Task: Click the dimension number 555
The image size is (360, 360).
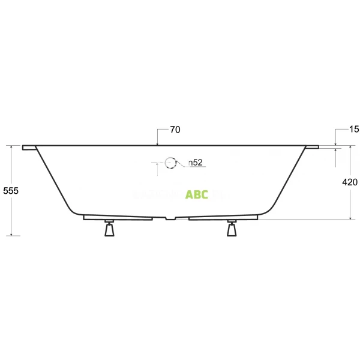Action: click(11, 191)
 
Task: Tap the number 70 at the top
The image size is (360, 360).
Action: click(175, 130)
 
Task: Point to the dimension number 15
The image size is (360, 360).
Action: click(354, 130)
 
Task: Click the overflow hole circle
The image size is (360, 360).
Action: click(171, 162)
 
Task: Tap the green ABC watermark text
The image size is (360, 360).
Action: click(197, 194)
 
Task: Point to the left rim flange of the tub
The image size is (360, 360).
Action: click(29, 148)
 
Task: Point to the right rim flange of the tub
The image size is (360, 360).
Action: click(313, 148)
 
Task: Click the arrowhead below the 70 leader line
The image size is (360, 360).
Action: click(157, 143)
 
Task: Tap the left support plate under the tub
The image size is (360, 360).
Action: click(117, 217)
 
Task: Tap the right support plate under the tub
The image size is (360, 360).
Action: click(225, 217)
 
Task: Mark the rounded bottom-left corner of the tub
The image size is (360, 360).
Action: click(75, 210)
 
